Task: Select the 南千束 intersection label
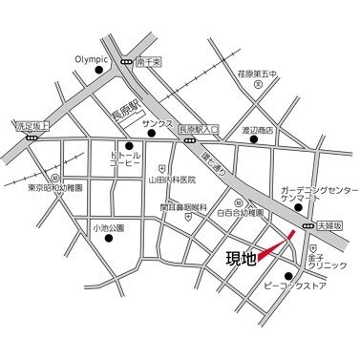tap(152, 59)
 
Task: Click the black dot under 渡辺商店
tap(254, 139)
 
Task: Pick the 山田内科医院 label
tap(172, 180)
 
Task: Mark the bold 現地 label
tap(240, 257)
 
